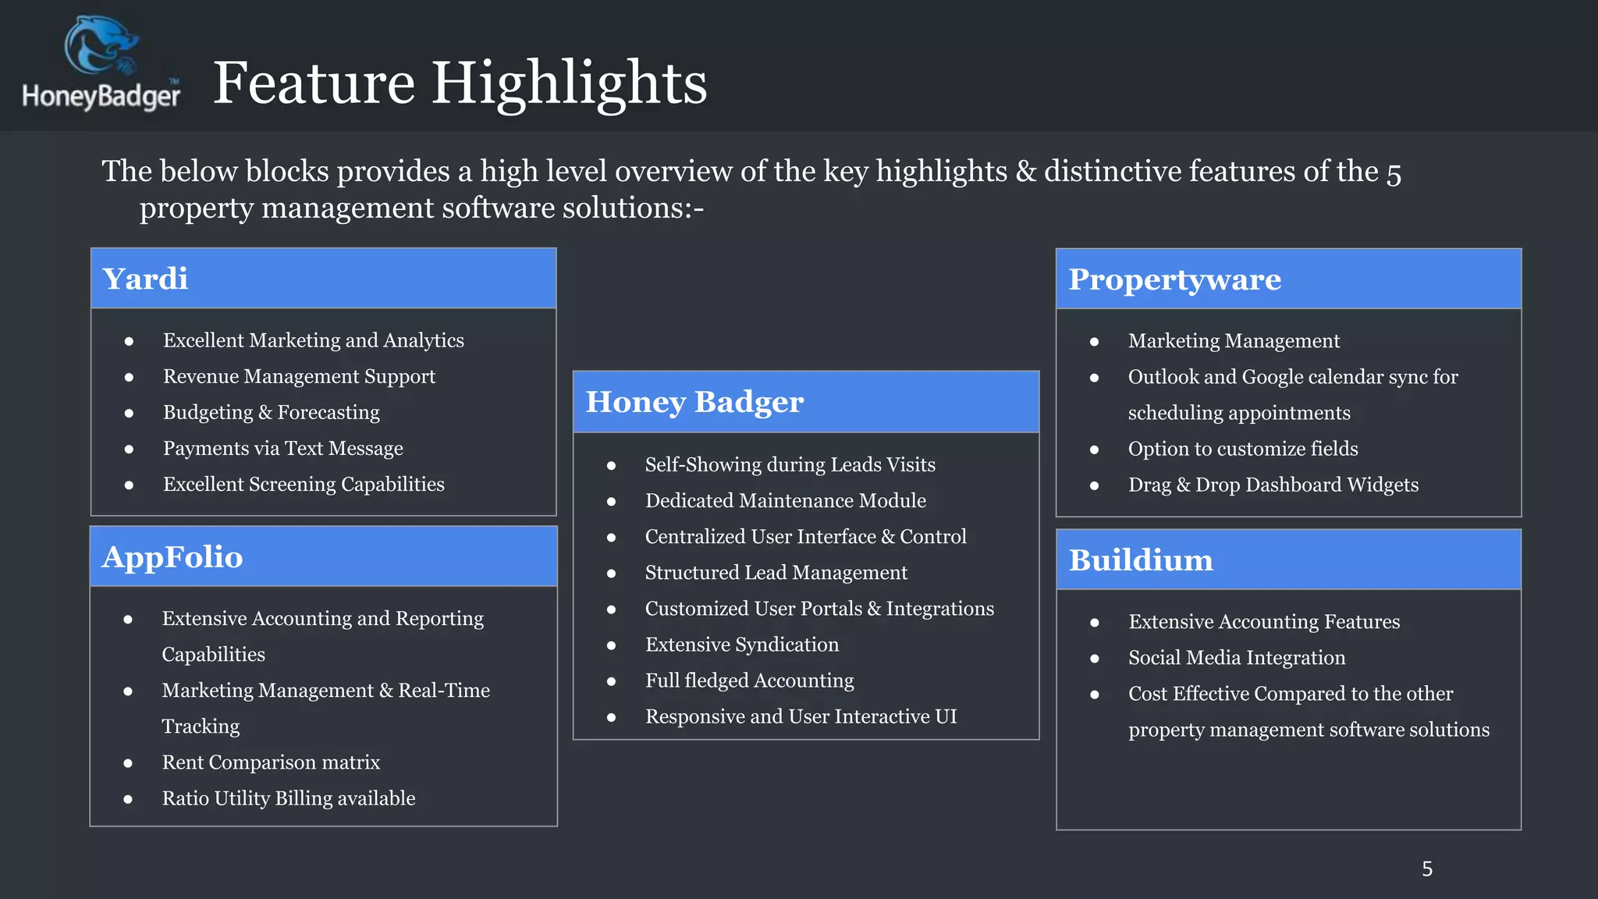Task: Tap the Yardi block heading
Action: pyautogui.click(x=146, y=279)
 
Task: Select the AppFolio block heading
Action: pyautogui.click(x=172, y=557)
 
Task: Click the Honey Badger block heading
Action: pyautogui.click(x=694, y=402)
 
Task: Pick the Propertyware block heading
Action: pyautogui.click(x=1174, y=279)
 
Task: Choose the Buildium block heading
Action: pyautogui.click(x=1141, y=560)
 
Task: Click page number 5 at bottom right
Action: pyautogui.click(x=1426, y=869)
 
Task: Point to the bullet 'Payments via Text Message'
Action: pyautogui.click(x=282, y=449)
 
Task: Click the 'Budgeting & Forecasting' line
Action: pyautogui.click(x=271, y=413)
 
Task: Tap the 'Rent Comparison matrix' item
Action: pyautogui.click(x=271, y=762)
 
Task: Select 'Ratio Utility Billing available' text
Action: pyautogui.click(x=288, y=798)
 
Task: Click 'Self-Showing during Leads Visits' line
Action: pyautogui.click(x=790, y=465)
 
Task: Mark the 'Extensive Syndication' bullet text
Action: pyautogui.click(x=741, y=645)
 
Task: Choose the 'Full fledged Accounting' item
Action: pyautogui.click(x=749, y=680)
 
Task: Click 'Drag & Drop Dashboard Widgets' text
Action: pyautogui.click(x=1273, y=485)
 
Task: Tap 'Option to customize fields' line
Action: pyautogui.click(x=1242, y=449)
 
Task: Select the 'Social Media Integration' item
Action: pyautogui.click(x=1237, y=658)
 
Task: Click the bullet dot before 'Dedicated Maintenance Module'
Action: pyautogui.click(x=611, y=502)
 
